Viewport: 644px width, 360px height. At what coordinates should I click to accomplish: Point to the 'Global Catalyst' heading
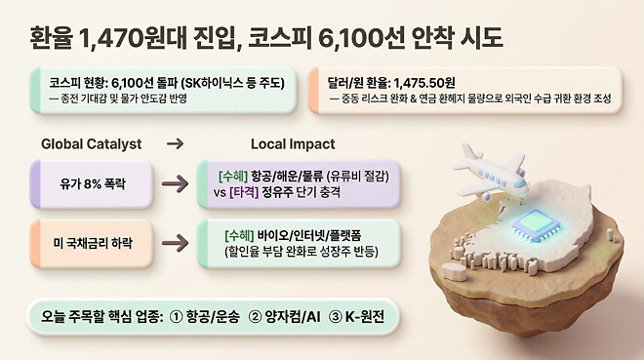point(92,144)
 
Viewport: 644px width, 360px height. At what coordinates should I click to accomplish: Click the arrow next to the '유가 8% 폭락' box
point(175,181)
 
